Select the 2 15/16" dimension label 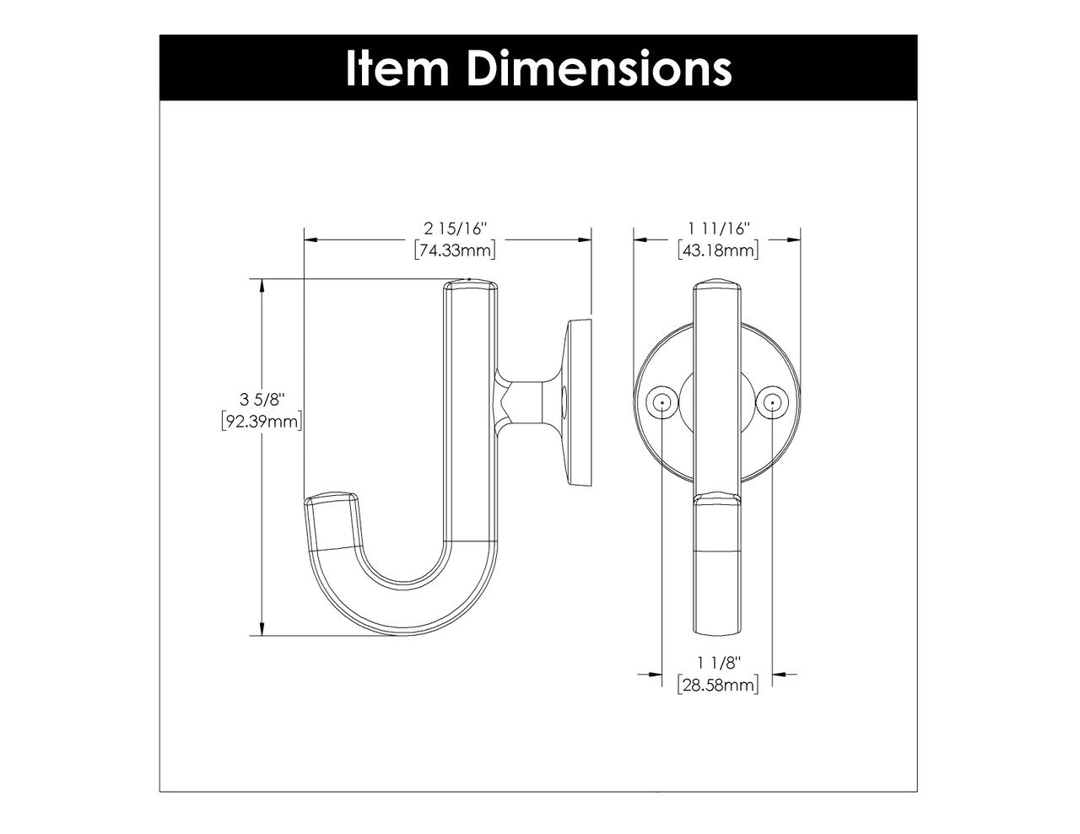pos(456,229)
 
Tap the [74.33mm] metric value pos(455,250)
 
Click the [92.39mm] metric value pos(262,421)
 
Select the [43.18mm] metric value pos(718,250)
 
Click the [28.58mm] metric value pos(718,685)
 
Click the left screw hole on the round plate pos(663,403)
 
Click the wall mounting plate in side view pos(580,403)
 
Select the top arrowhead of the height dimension pos(263,285)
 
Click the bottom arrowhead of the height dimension pos(263,629)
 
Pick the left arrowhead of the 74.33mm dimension pos(310,239)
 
